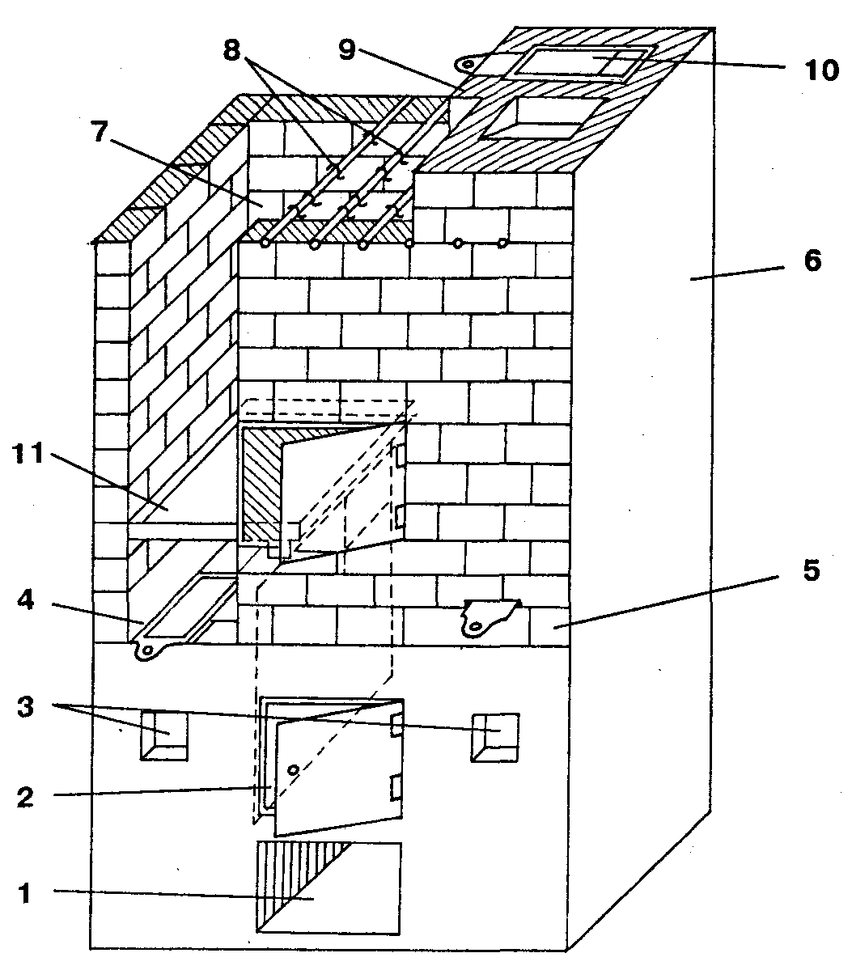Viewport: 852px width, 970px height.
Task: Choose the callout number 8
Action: (x=233, y=51)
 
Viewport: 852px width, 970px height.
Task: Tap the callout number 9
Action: (x=347, y=51)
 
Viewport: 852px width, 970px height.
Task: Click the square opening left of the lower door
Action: (x=164, y=735)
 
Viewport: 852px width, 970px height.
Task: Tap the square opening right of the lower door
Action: (x=494, y=736)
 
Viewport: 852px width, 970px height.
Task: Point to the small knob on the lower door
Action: (x=294, y=769)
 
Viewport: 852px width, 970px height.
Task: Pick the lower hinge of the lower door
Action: (x=396, y=786)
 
